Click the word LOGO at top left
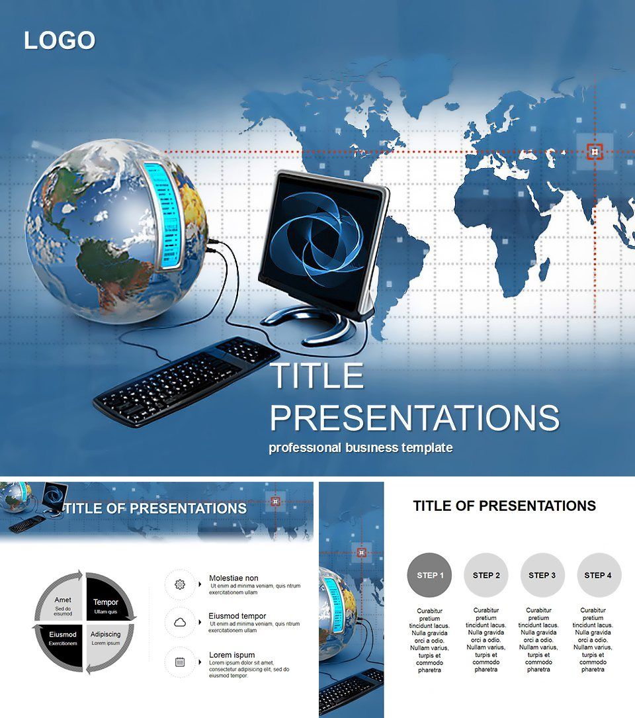60,40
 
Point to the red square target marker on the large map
595,152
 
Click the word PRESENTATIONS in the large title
415,418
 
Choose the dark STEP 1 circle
430,575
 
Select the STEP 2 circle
486,575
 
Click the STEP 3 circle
542,575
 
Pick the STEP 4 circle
598,575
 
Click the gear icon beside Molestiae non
180,584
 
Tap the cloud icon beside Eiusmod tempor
180,622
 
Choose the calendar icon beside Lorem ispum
180,661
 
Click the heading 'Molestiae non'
233,578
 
